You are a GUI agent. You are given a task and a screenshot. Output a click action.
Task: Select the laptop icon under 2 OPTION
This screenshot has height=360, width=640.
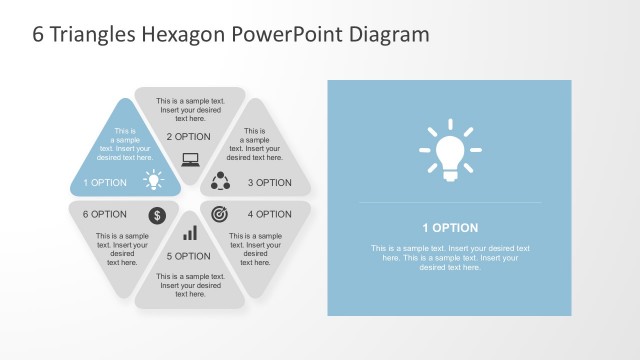(189, 158)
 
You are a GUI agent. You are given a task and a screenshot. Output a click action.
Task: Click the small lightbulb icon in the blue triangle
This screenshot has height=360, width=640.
(153, 181)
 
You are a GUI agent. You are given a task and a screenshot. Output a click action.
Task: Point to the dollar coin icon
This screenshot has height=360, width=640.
(157, 215)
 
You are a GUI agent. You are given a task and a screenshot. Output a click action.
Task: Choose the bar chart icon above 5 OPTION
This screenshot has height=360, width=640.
(189, 233)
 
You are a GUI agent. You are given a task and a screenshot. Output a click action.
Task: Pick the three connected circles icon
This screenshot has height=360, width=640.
(221, 182)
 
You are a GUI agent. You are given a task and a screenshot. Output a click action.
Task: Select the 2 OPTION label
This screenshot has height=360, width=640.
(188, 137)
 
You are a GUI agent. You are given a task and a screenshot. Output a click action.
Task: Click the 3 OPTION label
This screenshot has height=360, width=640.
(269, 183)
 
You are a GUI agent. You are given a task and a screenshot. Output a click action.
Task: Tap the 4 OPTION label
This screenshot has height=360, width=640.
(269, 214)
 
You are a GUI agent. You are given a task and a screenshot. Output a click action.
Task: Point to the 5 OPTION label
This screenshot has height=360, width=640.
(189, 257)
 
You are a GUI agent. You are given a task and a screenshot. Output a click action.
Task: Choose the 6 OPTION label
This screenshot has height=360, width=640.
(105, 214)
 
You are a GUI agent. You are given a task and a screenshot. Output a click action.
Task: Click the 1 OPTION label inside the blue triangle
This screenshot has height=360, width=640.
(105, 183)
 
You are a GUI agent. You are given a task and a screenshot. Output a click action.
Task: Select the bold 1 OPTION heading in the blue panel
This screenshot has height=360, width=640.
(449, 228)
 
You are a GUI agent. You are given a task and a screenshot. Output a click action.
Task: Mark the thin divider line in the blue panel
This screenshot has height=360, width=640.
(449, 204)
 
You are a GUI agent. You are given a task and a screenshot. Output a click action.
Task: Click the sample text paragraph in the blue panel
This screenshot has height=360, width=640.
(449, 258)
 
